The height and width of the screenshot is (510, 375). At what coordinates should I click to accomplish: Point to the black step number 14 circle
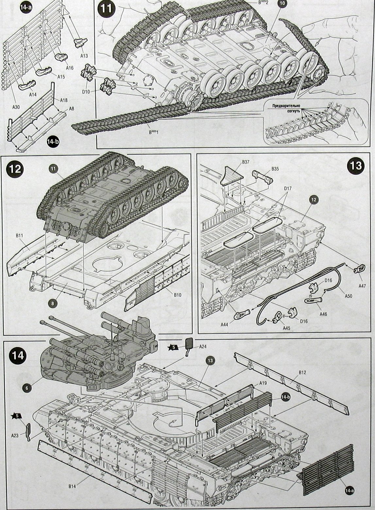point(17,355)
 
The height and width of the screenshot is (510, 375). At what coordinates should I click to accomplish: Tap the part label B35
point(275,169)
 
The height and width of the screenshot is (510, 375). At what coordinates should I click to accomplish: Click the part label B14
point(73,487)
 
